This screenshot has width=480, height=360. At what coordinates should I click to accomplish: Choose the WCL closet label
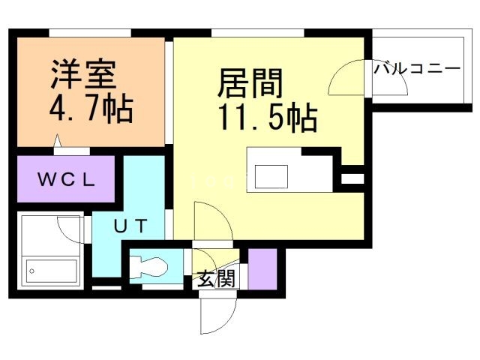click(x=66, y=179)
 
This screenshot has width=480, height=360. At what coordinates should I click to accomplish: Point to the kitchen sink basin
click(x=270, y=176)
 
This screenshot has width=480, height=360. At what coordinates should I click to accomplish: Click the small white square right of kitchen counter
click(x=352, y=178)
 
